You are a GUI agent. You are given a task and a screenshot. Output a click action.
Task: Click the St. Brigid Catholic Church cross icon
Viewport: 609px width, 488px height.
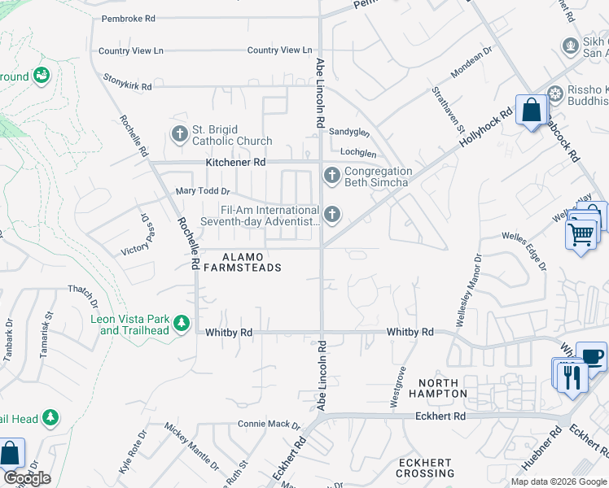point(180,133)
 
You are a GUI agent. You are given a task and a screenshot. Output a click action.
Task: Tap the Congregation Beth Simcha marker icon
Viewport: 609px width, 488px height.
point(331,175)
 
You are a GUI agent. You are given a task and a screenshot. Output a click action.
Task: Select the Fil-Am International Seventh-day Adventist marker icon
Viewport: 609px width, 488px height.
point(331,215)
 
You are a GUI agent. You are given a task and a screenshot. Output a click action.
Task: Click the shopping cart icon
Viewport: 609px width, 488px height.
point(581,234)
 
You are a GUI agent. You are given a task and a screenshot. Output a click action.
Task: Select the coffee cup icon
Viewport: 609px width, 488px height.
point(591,356)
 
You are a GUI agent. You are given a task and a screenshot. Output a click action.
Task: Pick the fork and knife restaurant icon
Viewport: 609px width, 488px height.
point(572,376)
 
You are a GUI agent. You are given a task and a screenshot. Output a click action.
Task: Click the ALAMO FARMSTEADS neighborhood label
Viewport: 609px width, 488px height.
point(241,262)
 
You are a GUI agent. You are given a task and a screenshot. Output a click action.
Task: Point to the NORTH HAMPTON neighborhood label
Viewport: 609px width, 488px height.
point(443,388)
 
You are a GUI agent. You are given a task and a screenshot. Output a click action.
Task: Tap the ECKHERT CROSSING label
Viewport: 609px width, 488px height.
point(424,468)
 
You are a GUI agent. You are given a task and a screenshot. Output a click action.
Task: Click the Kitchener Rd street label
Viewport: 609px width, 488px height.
point(235,163)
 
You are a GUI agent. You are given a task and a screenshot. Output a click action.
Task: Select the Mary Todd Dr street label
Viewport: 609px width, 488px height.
point(204,192)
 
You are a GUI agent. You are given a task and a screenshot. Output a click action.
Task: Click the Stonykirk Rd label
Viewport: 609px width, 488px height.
point(128,81)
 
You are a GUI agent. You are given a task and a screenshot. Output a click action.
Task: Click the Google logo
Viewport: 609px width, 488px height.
point(27,478)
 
